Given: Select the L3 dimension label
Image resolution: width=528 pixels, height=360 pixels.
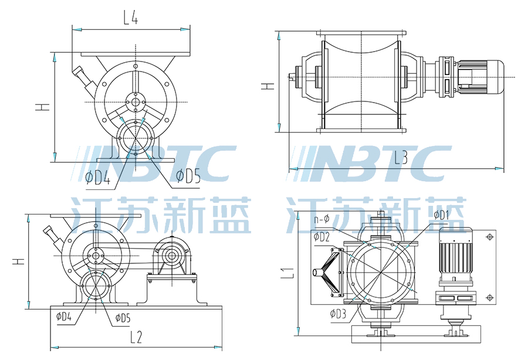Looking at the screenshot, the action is [x=401, y=157].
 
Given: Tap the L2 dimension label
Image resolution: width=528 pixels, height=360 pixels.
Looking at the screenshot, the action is [x=136, y=337].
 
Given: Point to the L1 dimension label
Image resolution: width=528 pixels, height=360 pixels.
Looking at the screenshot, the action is [x=287, y=273].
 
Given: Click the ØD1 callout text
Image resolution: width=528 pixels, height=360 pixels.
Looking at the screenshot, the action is [x=441, y=215].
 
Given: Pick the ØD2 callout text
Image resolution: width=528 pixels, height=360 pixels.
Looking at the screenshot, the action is [x=321, y=237].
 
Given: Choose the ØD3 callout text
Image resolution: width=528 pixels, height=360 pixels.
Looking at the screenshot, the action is [x=338, y=314].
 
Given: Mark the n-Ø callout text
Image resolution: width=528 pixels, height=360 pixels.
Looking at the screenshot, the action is [x=321, y=220].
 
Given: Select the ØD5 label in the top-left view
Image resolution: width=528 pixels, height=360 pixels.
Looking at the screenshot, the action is [x=188, y=176].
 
